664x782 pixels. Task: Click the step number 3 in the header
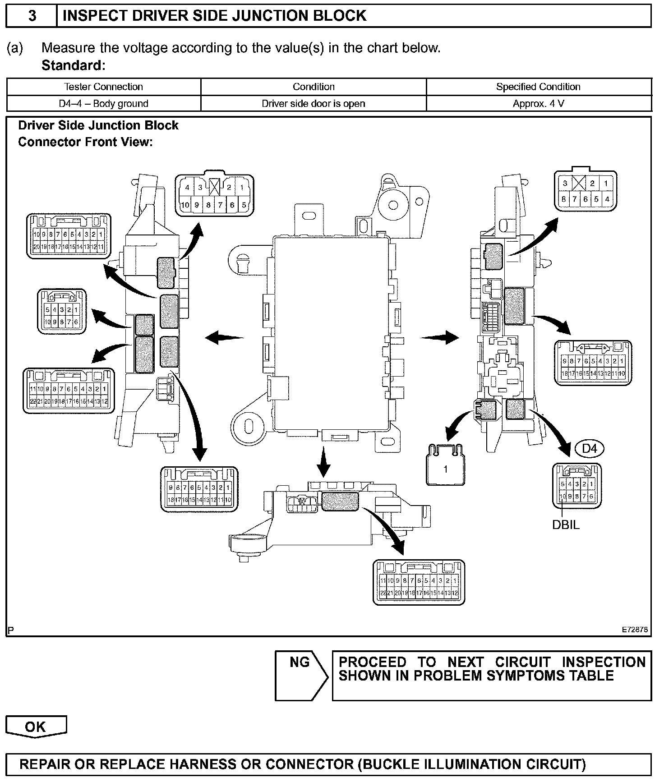coord(32,16)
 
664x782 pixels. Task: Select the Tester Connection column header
coord(103,87)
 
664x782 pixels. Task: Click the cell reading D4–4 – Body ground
coord(103,104)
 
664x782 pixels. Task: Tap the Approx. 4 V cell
coord(538,104)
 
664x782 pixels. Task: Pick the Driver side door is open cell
coord(314,104)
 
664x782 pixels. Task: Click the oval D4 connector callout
coord(589,449)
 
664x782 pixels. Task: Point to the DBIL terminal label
coord(566,525)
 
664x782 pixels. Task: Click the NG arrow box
coord(300,675)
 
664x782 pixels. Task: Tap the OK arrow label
coord(36,727)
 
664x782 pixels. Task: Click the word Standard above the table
coord(72,66)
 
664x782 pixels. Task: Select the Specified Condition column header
coord(538,87)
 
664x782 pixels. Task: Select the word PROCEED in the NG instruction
coord(372,662)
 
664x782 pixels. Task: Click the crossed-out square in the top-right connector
coord(579,184)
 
